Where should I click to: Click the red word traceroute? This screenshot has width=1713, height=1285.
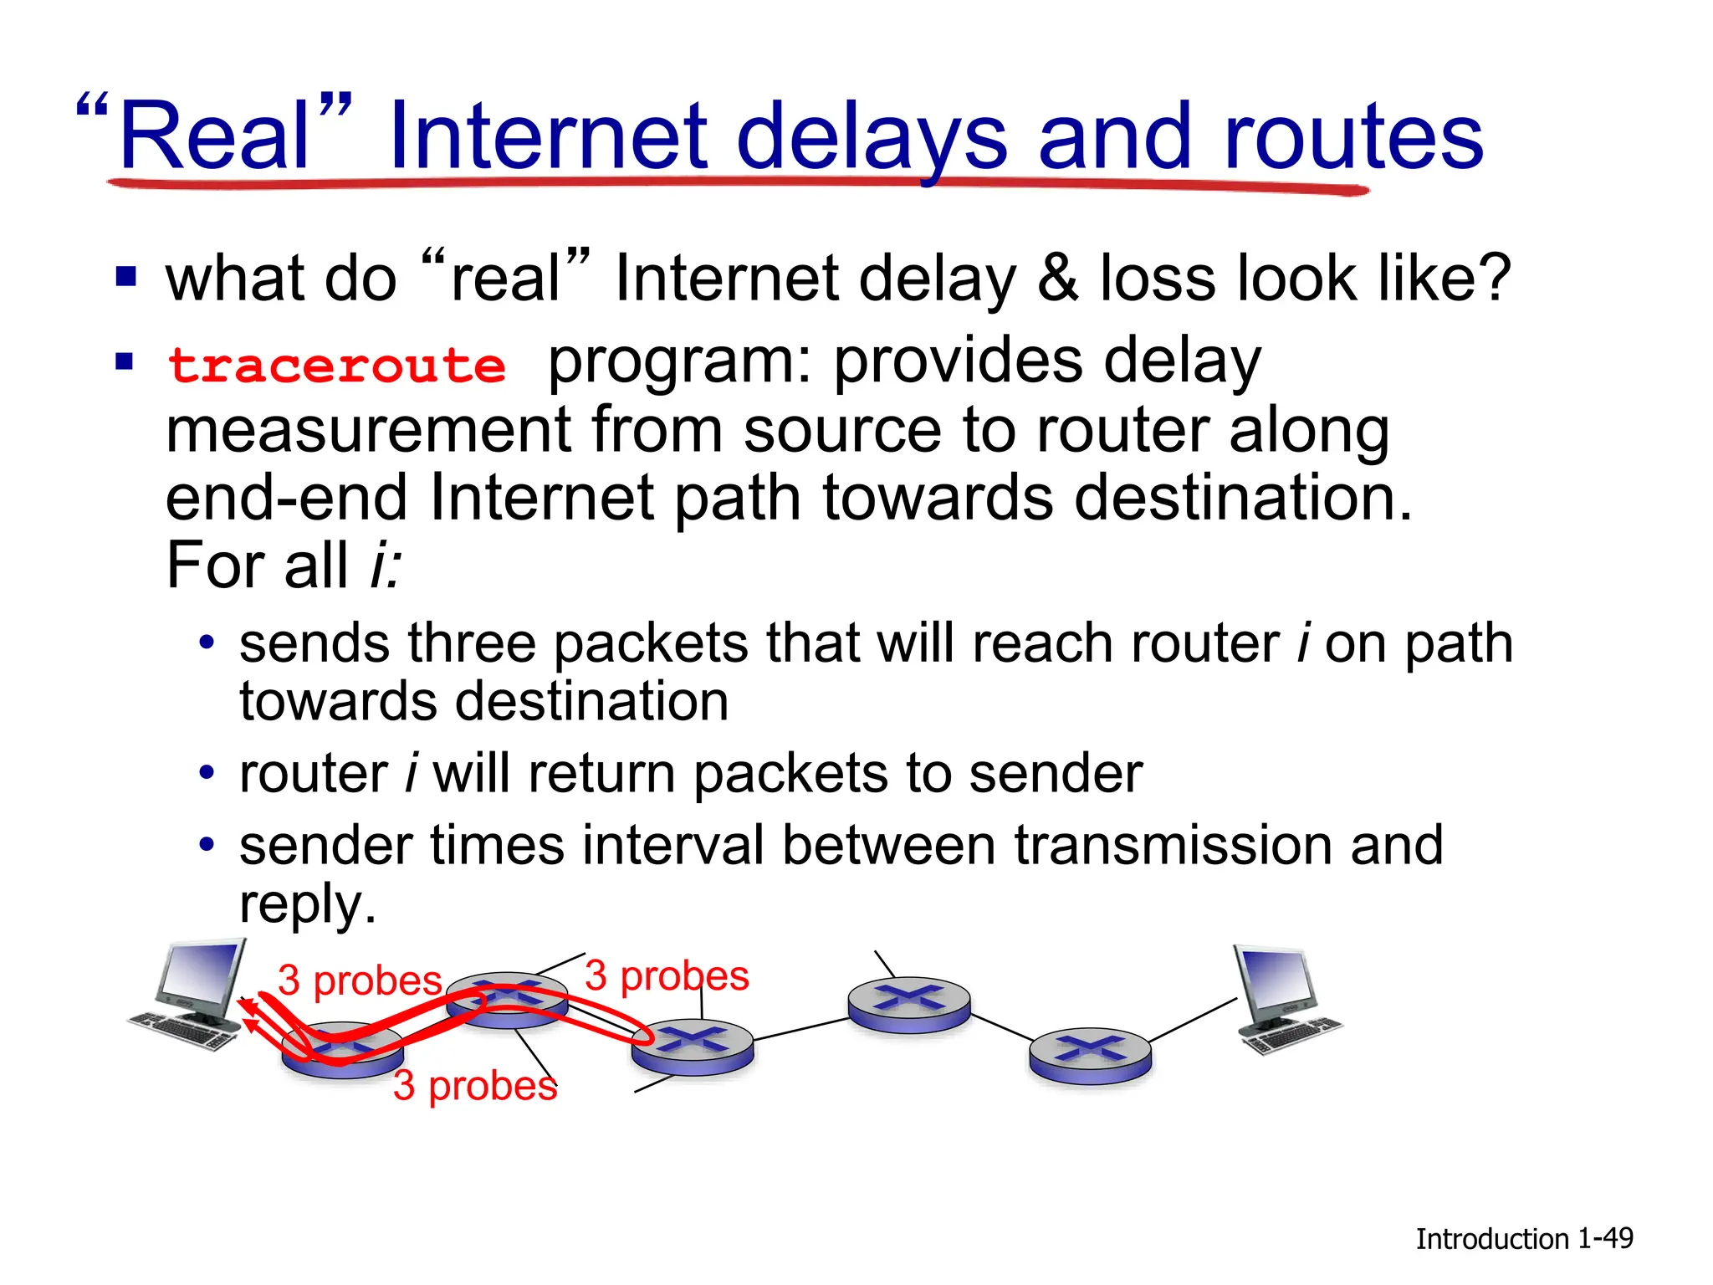(337, 366)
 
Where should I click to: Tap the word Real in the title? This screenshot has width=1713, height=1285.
(216, 136)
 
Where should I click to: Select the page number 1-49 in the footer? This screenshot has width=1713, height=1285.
(1605, 1238)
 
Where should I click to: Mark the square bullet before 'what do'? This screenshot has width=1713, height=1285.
(125, 277)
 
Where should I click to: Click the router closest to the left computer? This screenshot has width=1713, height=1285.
(342, 1049)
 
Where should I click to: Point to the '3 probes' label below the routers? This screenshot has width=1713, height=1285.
(475, 1086)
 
